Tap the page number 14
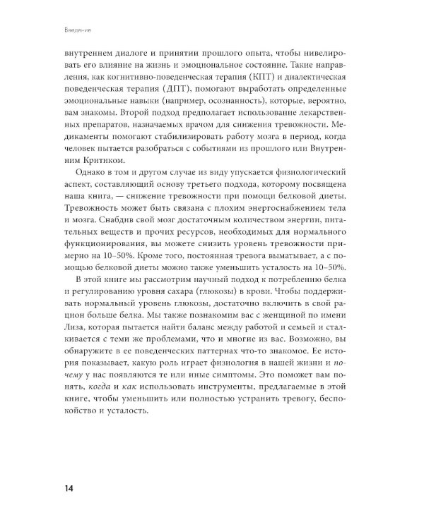click(x=71, y=489)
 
